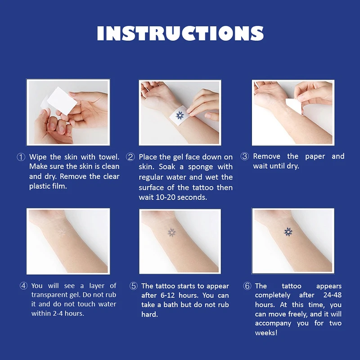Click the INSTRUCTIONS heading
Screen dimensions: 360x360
180,34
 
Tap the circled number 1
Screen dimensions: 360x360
21,157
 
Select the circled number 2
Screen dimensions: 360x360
130,157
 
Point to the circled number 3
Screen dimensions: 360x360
245,157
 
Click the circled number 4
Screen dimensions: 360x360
23,286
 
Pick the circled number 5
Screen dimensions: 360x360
134,286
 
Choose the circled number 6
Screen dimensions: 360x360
247,286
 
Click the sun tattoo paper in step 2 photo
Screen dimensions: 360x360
180,116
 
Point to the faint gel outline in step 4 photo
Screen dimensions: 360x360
62,232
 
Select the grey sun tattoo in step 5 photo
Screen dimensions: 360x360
171,232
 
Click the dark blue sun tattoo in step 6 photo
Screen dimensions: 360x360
288,232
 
